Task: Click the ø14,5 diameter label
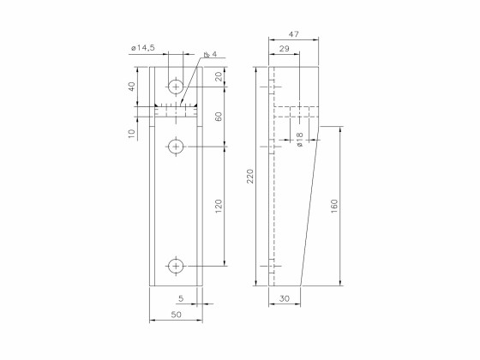tap(141, 49)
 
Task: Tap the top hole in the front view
tap(177, 87)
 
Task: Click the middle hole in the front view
tap(177, 147)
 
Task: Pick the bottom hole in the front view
tap(177, 266)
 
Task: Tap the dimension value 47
tap(293, 33)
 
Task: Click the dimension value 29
tap(284, 50)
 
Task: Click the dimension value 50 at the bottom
tap(177, 315)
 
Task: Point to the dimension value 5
tap(180, 298)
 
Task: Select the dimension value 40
tap(132, 87)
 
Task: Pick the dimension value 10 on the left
tap(132, 134)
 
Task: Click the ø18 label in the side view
tap(299, 139)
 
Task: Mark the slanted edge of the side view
tap(310, 206)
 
